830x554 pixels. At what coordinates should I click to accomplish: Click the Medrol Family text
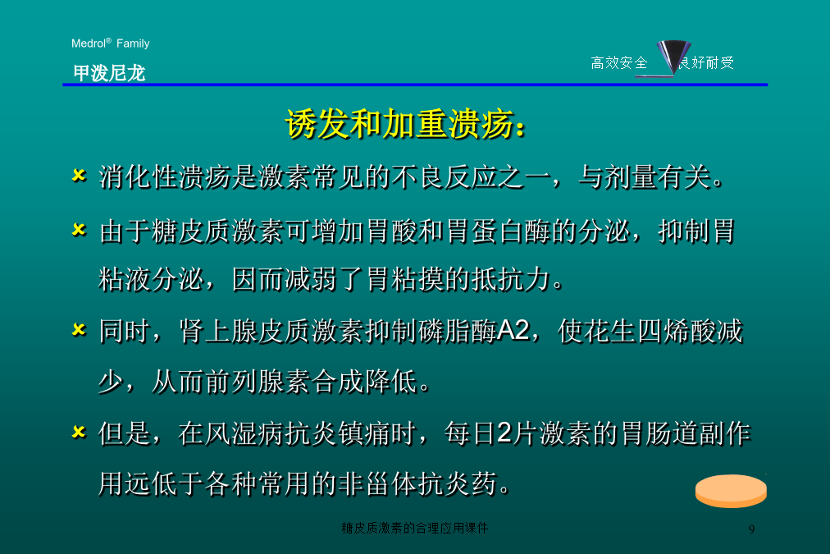point(110,43)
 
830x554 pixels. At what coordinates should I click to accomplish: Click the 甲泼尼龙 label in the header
point(109,72)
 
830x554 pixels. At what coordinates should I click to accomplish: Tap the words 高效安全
point(618,62)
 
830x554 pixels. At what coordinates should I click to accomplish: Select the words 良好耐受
point(707,62)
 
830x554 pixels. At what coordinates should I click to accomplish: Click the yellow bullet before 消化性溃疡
point(79,176)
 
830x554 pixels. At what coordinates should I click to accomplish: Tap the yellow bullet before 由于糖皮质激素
point(79,230)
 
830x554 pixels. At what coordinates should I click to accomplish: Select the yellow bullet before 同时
point(79,330)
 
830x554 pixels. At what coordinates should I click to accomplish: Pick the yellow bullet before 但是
point(79,433)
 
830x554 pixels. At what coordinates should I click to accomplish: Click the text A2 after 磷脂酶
point(513,331)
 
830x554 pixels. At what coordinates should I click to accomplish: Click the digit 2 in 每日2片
point(505,433)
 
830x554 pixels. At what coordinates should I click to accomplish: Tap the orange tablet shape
point(731,491)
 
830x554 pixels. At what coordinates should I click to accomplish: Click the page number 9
point(751,529)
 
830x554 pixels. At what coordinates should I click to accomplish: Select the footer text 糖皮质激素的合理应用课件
point(414,528)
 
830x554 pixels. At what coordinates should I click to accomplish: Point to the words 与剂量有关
point(645,177)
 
